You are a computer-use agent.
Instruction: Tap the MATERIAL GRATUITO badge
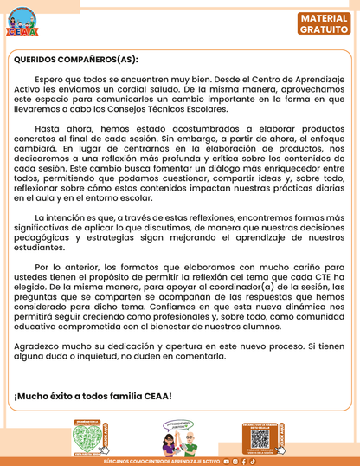(325, 23)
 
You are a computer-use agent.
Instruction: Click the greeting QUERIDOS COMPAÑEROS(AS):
(76, 60)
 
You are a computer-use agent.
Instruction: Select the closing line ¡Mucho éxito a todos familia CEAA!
(93, 396)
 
